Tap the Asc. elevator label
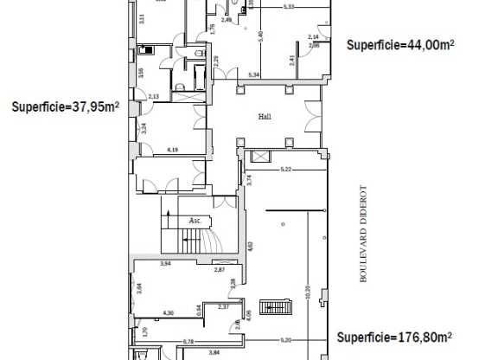point(195,221)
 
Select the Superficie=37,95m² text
point(65,108)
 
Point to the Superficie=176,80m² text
point(395,337)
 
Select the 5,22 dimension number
point(284,169)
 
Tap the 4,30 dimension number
point(169,312)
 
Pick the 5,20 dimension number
point(284,338)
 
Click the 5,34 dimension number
point(254,75)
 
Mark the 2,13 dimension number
point(154,96)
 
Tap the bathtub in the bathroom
point(148,48)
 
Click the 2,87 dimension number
point(220,271)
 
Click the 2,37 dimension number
point(223,306)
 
